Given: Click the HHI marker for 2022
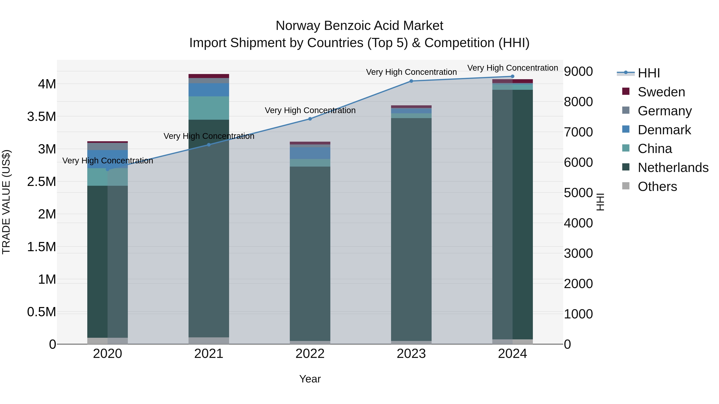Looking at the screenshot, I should tap(310, 119).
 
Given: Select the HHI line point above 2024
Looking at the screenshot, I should tap(512, 76).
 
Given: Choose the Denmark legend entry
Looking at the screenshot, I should tap(664, 130).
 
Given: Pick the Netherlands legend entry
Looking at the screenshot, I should tap(673, 168).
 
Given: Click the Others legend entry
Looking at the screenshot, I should tap(657, 187).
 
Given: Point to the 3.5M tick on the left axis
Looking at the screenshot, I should tap(42, 117).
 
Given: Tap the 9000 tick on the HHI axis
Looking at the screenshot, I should tap(578, 71).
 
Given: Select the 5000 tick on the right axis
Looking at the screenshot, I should tap(578, 193).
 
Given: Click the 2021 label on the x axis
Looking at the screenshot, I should tap(209, 354).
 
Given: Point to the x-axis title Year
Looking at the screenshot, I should tap(310, 379).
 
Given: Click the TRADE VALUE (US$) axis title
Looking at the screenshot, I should tap(6, 202).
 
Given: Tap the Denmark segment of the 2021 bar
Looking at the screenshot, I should tap(209, 90).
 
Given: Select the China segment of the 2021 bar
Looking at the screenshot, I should tap(209, 108).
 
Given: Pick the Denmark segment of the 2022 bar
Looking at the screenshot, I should tap(310, 153).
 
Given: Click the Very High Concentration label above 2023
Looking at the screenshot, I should tap(411, 72).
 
